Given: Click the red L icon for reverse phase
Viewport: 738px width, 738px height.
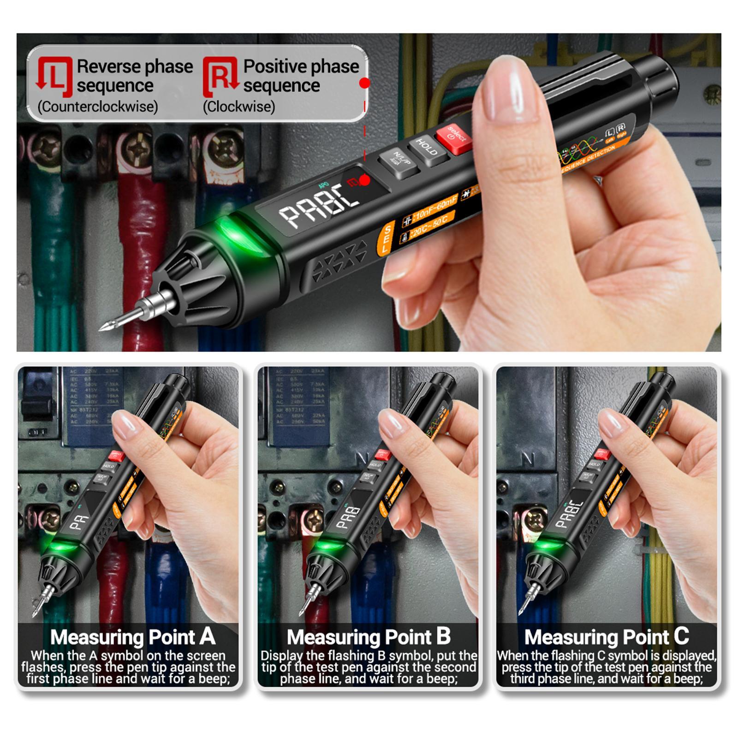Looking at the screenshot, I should click(x=54, y=76).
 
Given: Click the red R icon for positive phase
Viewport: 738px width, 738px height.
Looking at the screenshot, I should click(x=220, y=76).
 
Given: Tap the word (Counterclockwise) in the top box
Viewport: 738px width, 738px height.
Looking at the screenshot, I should click(x=98, y=107).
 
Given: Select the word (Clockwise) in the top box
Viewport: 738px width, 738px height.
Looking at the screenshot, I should click(x=239, y=107).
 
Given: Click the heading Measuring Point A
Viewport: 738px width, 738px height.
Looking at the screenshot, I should click(x=133, y=637).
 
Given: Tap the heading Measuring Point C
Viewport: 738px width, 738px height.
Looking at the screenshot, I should click(x=606, y=637).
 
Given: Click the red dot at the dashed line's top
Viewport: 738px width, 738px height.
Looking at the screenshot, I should click(x=364, y=83).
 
